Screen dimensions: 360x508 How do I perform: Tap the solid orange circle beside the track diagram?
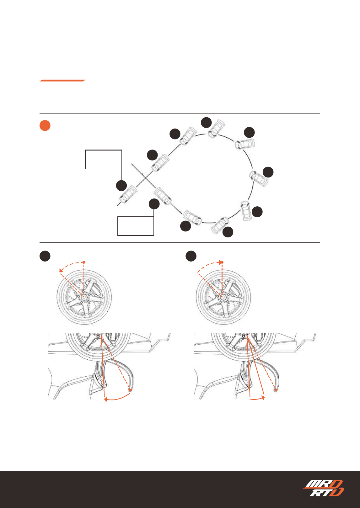click(45, 125)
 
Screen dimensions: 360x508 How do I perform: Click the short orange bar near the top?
click(62, 81)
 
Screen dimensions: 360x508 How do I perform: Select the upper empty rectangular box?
click(104, 159)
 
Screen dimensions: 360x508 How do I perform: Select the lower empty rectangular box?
click(136, 226)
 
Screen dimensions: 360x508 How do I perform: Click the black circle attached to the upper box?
click(121, 186)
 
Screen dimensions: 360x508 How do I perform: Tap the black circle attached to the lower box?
click(154, 204)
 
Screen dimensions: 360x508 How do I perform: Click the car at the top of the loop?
click(216, 129)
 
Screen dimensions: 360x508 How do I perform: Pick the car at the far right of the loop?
click(259, 178)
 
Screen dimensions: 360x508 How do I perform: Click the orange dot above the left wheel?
click(84, 262)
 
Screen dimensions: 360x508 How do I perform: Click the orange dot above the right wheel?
click(222, 262)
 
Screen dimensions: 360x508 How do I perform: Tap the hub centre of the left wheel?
click(84, 297)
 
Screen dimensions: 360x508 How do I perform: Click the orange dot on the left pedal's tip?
click(130, 390)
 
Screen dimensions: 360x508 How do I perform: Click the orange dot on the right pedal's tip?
click(276, 390)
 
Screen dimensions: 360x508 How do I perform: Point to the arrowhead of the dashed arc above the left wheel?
click(61, 270)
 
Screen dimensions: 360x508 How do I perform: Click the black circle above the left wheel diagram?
click(45, 256)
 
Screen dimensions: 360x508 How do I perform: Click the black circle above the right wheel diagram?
click(191, 256)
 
